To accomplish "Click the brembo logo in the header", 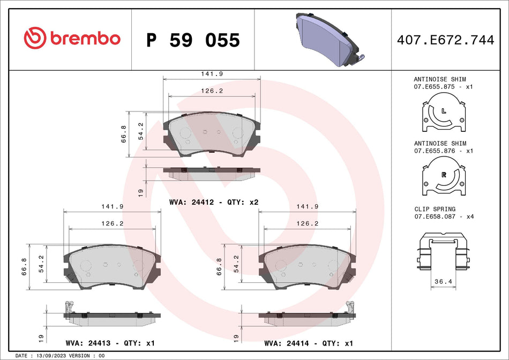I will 72,38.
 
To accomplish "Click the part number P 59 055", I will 193,40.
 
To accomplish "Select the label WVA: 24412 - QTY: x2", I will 214,202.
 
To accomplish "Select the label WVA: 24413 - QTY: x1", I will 109,343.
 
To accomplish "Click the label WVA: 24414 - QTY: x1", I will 308,343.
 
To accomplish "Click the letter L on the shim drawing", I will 444,111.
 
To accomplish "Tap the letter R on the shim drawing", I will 444,175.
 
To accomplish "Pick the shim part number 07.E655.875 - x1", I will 443,86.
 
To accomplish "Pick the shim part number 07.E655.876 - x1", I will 443,152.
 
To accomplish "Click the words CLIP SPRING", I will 435,209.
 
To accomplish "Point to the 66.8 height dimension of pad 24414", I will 219,266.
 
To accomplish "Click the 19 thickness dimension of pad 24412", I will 140,192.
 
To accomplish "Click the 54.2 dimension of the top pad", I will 141,131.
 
